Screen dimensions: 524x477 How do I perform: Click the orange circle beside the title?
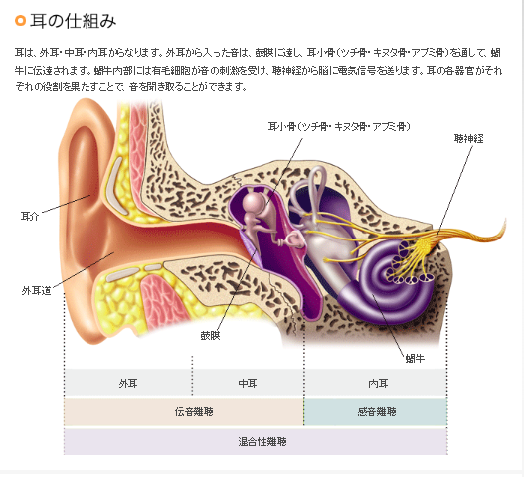(x=20, y=21)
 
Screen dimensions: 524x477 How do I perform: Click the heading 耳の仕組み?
(x=73, y=21)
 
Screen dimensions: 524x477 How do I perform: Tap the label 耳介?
(x=30, y=216)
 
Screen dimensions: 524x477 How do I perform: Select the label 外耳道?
(x=36, y=291)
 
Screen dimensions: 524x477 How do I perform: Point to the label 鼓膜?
(x=210, y=335)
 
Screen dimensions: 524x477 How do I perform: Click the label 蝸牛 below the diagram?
(x=415, y=359)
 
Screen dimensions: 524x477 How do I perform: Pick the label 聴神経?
(x=468, y=138)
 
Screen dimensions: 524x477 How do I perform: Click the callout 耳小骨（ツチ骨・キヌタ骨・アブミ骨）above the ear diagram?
(x=339, y=126)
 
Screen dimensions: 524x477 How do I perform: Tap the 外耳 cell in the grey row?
(x=128, y=383)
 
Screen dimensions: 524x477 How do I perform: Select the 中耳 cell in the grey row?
(x=248, y=383)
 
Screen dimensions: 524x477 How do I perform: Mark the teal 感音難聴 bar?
(x=376, y=411)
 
